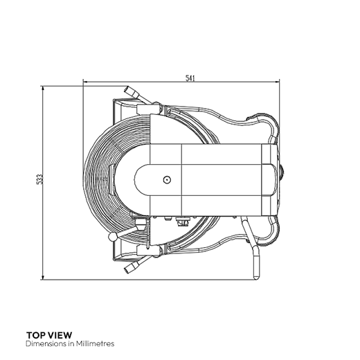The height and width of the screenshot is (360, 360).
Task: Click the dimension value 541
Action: tap(190, 78)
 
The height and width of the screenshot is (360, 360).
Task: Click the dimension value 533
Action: tap(40, 179)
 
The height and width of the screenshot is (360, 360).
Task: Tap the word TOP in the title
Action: tap(35, 335)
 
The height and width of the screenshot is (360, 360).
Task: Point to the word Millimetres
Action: tap(96, 343)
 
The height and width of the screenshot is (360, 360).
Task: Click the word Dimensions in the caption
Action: tap(46, 343)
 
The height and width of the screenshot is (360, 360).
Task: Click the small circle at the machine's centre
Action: tap(167, 179)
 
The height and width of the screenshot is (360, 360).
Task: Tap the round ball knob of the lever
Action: tap(113, 237)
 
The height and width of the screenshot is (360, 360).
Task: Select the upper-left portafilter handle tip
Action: tap(126, 89)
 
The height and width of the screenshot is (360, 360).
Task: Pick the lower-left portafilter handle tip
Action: tap(127, 270)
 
